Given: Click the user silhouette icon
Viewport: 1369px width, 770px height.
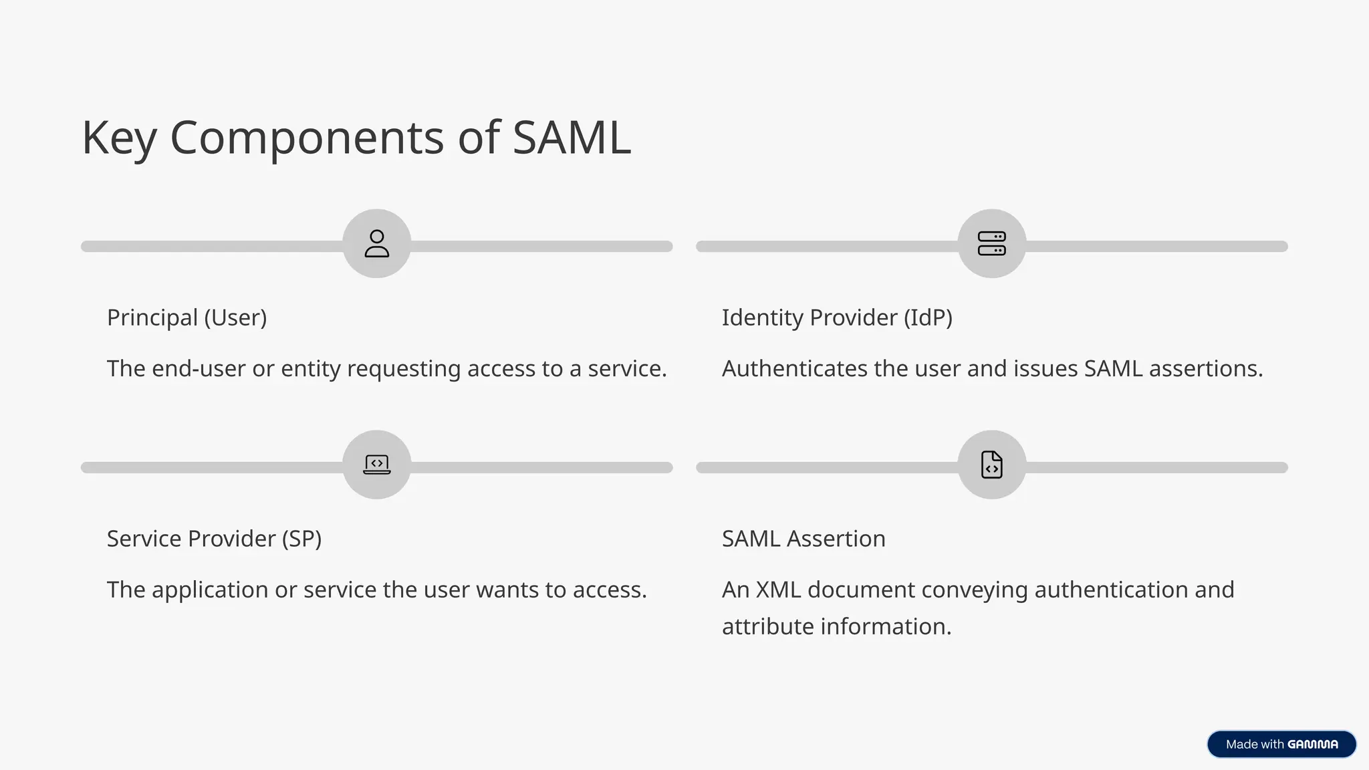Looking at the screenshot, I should tap(376, 243).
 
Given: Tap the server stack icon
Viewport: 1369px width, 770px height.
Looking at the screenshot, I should tap(991, 243).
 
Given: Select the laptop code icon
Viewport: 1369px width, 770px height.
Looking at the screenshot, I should tap(376, 464).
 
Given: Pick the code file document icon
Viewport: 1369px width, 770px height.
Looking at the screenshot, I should tap(991, 464).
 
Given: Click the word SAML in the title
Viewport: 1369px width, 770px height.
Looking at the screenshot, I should tap(572, 138).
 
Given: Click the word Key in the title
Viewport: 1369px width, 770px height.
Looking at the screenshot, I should tap(118, 138).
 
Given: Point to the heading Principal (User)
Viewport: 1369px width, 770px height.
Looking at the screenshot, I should tap(186, 317).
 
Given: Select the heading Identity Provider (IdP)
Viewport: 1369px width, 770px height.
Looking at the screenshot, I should tap(836, 317).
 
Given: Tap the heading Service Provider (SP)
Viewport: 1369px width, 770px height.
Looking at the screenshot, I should tap(214, 539).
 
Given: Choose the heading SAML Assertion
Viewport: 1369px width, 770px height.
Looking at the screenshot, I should tap(803, 539).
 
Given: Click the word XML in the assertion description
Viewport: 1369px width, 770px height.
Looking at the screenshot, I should tap(777, 590).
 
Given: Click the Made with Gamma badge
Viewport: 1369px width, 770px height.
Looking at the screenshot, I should tap(1281, 744).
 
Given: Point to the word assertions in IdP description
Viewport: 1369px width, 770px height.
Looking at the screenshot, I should tap(1205, 369).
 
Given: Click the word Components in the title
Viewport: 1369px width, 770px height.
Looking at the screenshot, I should tap(307, 138).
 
